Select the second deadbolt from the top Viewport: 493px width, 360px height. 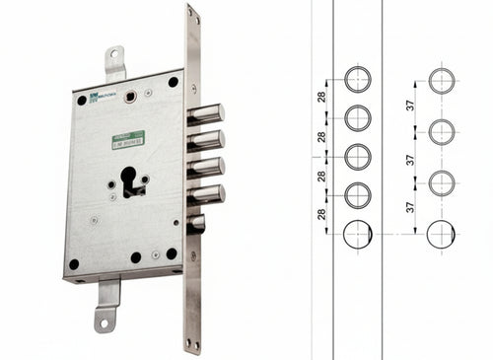click(206, 140)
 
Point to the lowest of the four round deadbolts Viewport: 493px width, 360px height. click(206, 192)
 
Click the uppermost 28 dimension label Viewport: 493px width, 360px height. click(321, 98)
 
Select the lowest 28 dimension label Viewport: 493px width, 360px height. click(321, 213)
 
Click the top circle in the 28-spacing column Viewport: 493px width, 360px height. click(357, 79)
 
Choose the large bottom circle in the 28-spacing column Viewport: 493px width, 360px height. click(357, 234)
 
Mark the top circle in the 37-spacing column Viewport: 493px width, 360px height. click(442, 79)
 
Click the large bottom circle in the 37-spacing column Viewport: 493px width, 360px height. click(442, 234)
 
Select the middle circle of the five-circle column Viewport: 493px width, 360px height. click(357, 155)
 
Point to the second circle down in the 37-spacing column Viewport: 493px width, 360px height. click(442, 130)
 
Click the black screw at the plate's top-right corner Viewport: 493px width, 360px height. click(173, 82)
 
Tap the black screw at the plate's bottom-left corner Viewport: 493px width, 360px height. click(73, 263)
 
